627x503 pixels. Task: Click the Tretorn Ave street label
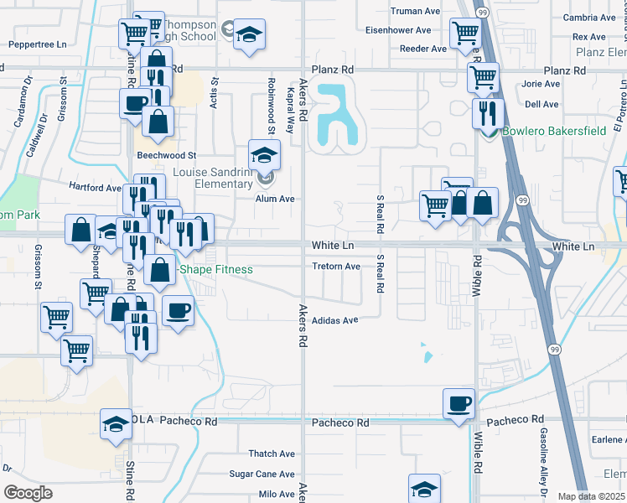335,267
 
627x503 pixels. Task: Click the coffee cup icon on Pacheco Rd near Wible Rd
459,404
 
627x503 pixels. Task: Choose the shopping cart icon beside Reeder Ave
464,34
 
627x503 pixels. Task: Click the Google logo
28,493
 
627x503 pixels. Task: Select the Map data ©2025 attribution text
591,496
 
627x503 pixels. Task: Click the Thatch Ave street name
272,454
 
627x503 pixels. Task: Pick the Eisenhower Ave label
398,30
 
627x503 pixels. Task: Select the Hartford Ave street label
95,188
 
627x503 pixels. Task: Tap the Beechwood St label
168,156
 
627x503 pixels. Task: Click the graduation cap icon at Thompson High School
248,35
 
